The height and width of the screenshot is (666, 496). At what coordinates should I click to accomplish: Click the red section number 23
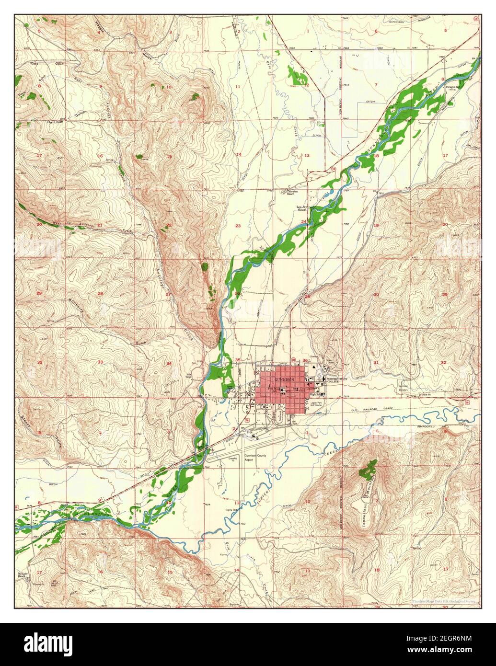click(x=238, y=225)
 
